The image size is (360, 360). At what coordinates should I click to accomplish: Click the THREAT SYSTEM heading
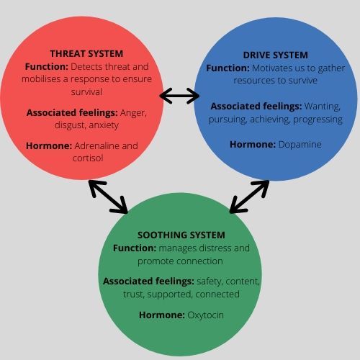click(86, 53)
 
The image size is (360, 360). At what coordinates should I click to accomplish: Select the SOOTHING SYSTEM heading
click(181, 235)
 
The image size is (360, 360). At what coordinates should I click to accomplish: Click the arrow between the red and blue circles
click(179, 95)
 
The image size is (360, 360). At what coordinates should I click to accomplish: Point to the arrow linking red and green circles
click(108, 196)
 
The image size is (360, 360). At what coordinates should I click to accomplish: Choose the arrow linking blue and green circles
click(249, 197)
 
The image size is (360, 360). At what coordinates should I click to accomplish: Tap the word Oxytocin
click(206, 315)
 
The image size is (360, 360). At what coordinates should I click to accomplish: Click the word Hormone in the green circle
click(161, 315)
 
